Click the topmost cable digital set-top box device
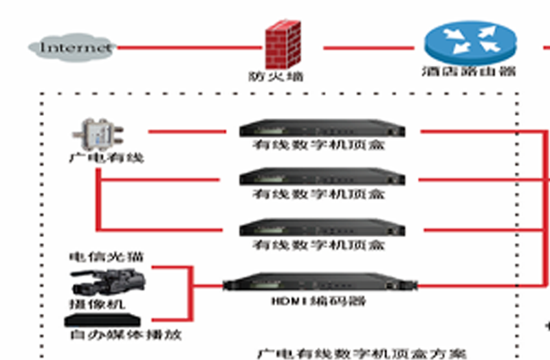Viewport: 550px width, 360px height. [x=322, y=129]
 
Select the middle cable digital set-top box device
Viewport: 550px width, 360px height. [x=322, y=178]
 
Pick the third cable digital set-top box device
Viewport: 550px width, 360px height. [x=322, y=227]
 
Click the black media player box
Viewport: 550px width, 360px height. [x=103, y=320]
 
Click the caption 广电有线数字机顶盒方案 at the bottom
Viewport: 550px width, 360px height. [x=361, y=354]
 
